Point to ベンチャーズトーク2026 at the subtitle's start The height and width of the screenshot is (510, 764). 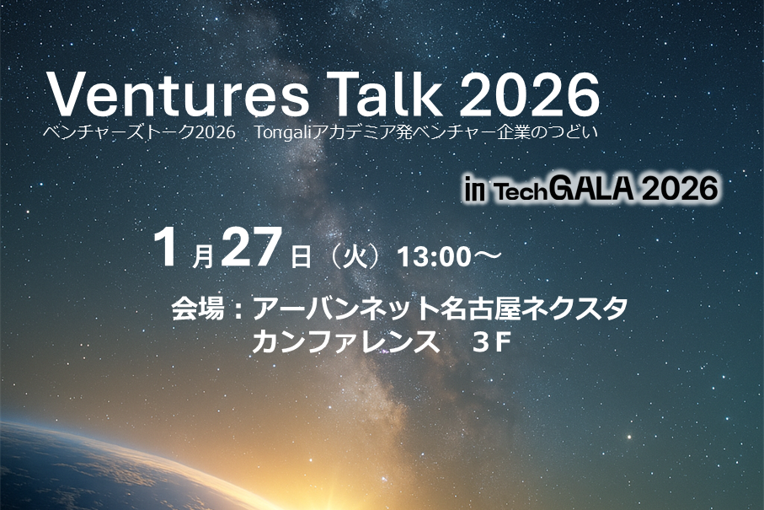(139, 132)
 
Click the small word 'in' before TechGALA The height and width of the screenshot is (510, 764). (474, 191)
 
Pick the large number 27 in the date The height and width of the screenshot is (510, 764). (251, 248)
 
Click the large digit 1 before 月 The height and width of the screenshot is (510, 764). (167, 248)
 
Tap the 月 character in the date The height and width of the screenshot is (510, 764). (203, 257)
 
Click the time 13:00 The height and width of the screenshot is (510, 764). (434, 257)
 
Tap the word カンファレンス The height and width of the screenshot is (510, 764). (345, 341)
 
